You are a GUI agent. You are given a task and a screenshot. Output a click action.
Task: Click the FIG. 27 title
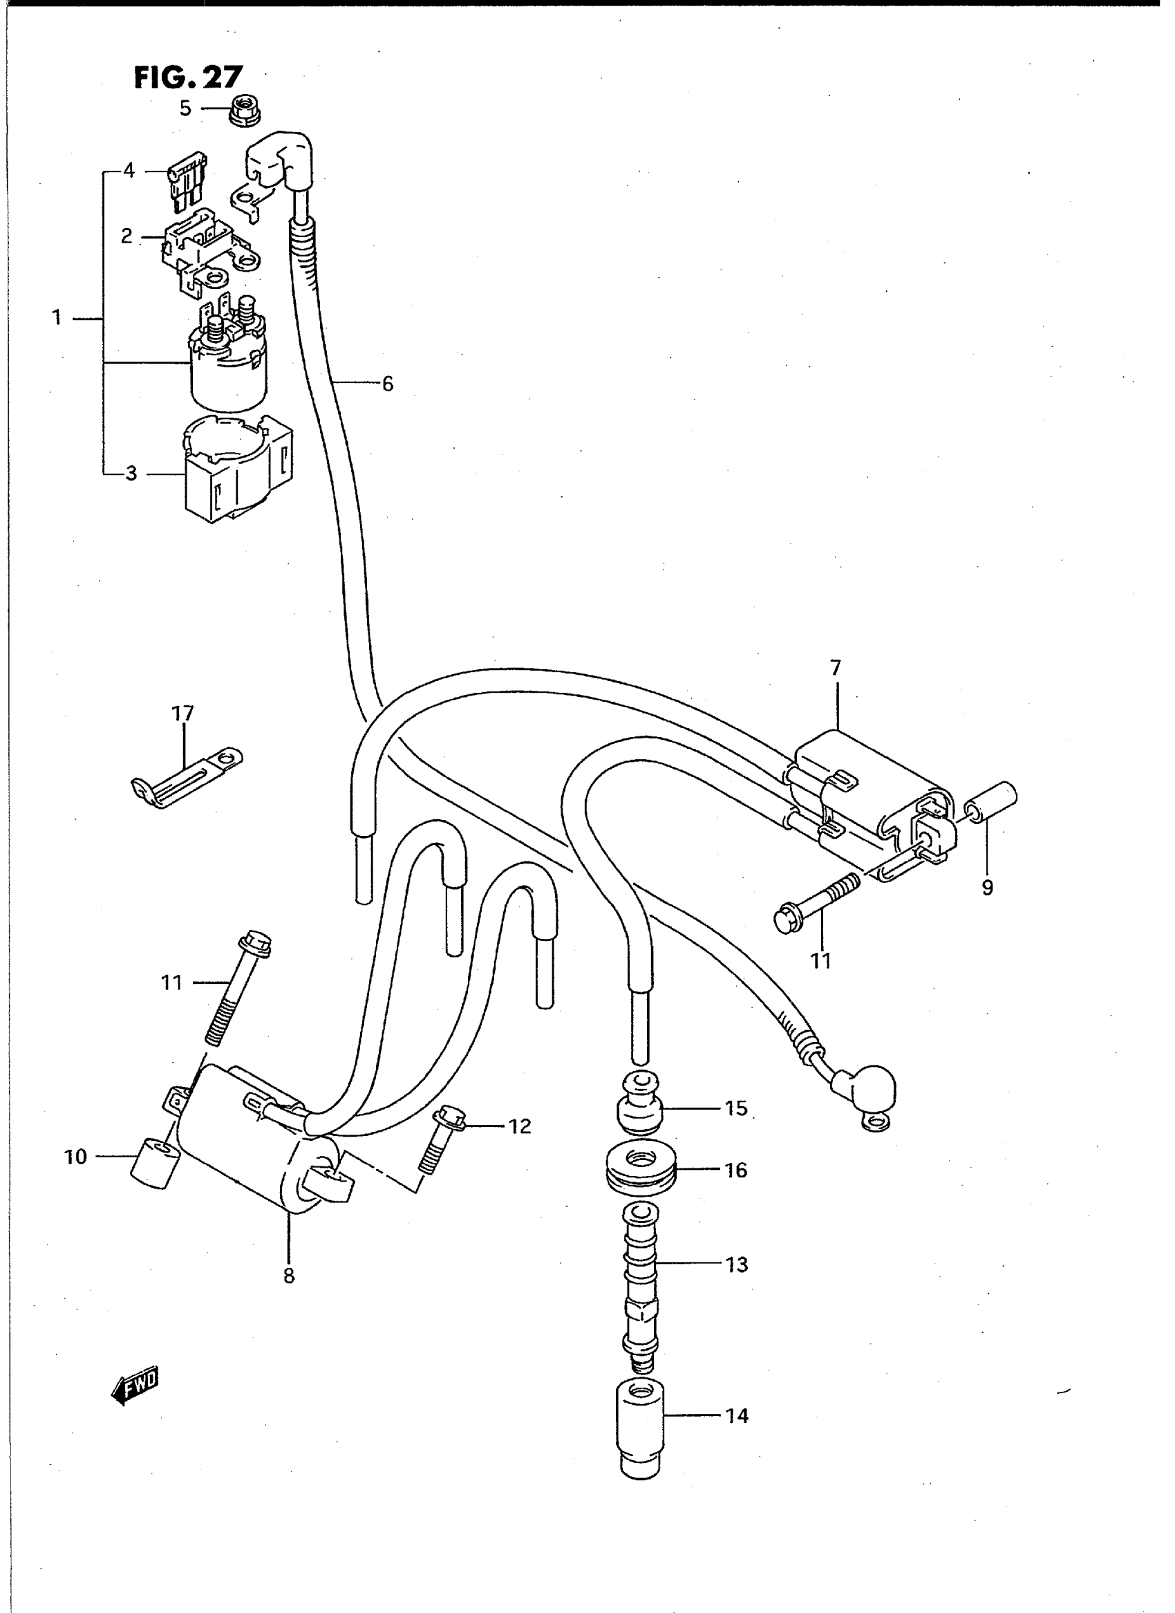tap(189, 77)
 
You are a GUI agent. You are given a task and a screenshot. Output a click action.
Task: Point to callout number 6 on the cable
tap(388, 384)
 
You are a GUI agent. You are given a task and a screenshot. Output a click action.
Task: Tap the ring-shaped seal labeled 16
tap(641, 1171)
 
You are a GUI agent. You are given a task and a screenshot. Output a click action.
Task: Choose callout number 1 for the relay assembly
tap(57, 318)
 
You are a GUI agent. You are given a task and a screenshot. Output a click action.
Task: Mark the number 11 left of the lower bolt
tap(171, 982)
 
